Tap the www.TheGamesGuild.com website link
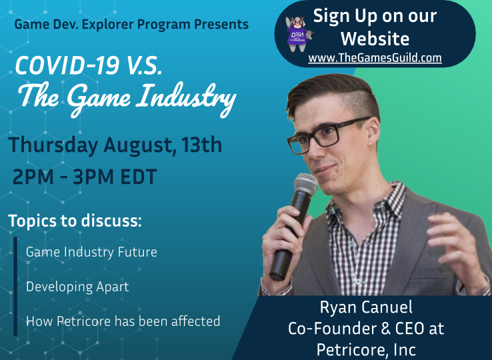click(375, 58)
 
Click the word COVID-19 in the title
click(67, 65)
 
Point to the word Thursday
click(53, 145)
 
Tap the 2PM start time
click(33, 177)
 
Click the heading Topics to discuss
click(75, 221)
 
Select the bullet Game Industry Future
click(91, 252)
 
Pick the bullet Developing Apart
click(77, 287)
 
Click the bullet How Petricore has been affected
click(123, 321)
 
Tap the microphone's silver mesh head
click(305, 184)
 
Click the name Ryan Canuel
click(366, 307)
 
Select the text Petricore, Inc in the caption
click(366, 349)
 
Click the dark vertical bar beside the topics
click(15, 286)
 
